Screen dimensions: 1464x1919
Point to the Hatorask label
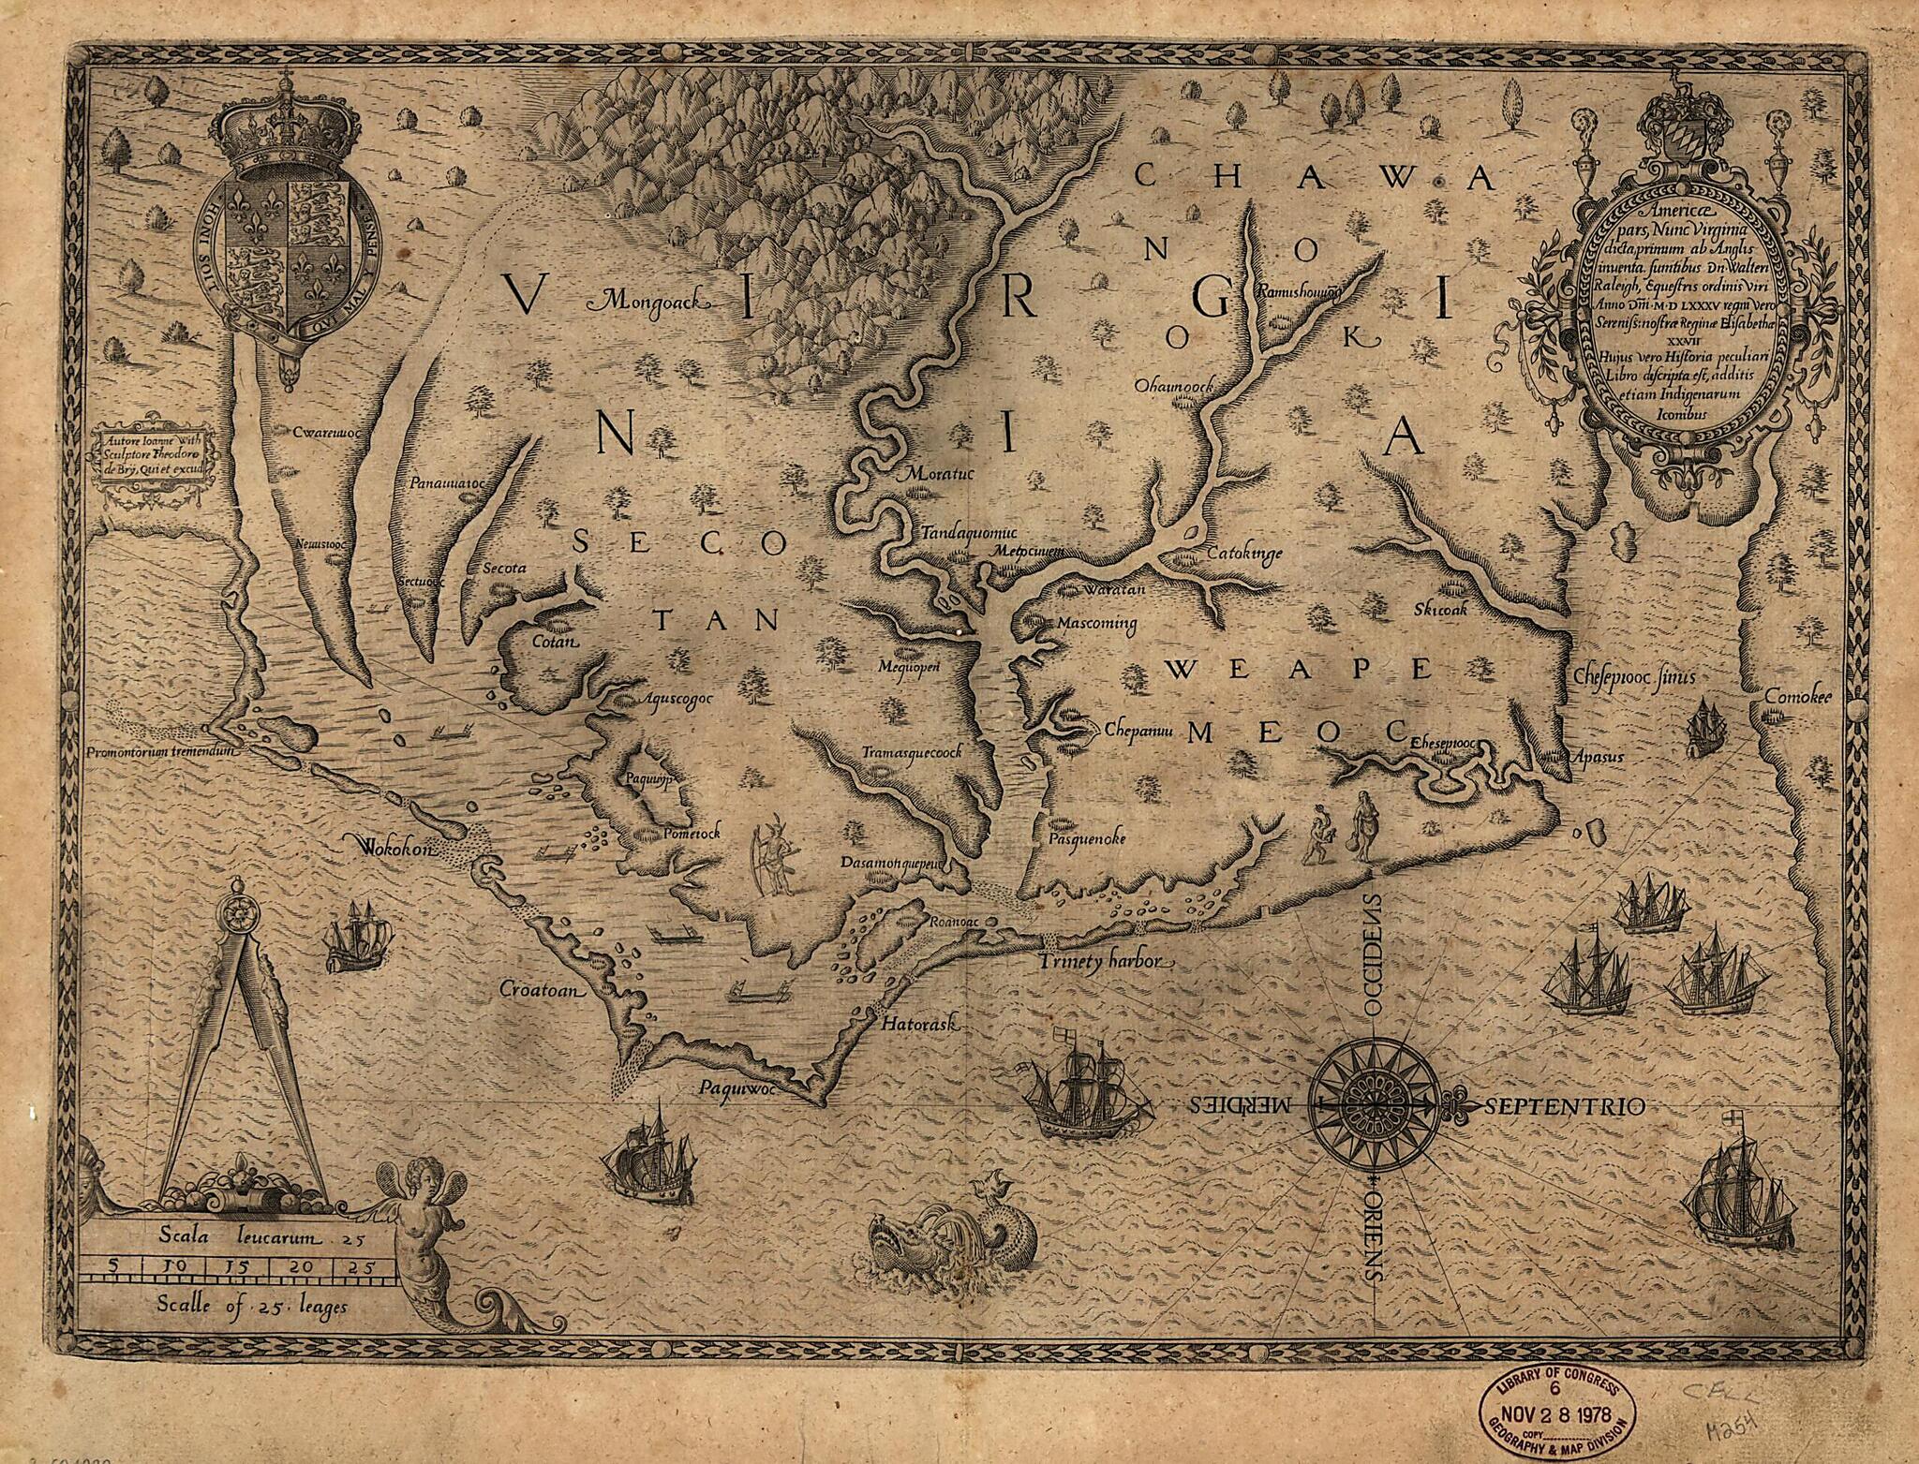(x=917, y=1025)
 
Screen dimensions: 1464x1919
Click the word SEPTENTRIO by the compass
(x=1564, y=1106)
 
